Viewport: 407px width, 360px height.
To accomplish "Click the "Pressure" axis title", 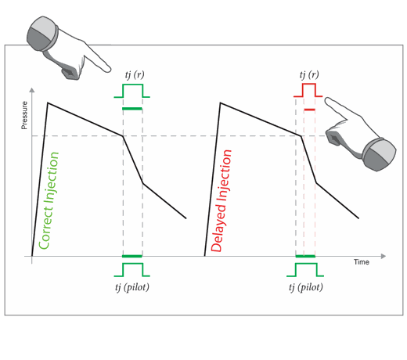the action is click(24, 115).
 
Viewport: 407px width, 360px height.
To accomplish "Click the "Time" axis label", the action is click(362, 262).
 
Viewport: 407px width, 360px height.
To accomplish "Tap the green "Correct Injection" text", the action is click(49, 200).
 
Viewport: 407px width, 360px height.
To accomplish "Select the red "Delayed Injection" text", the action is click(221, 200).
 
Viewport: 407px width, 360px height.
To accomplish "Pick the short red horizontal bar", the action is click(309, 110).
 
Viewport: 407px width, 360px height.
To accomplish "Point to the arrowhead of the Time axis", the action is click(384, 256).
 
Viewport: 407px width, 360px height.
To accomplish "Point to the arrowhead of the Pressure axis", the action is click(32, 90).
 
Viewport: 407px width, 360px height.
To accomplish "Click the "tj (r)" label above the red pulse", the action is click(309, 75).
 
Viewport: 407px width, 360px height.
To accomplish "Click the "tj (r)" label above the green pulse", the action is click(135, 75).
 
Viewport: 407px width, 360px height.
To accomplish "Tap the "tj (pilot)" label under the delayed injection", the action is click(306, 287).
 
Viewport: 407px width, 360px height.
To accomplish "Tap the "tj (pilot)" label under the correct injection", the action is click(132, 287).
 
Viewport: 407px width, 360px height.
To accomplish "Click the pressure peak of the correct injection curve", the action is click(48, 103).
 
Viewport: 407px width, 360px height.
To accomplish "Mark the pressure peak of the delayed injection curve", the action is click(221, 103).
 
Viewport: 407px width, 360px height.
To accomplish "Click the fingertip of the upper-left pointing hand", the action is click(109, 70).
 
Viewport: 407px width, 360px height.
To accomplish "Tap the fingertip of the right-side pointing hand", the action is click(327, 100).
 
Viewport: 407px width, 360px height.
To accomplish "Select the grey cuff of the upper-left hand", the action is click(41, 33).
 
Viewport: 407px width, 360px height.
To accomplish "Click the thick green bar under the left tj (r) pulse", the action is click(132, 109).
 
